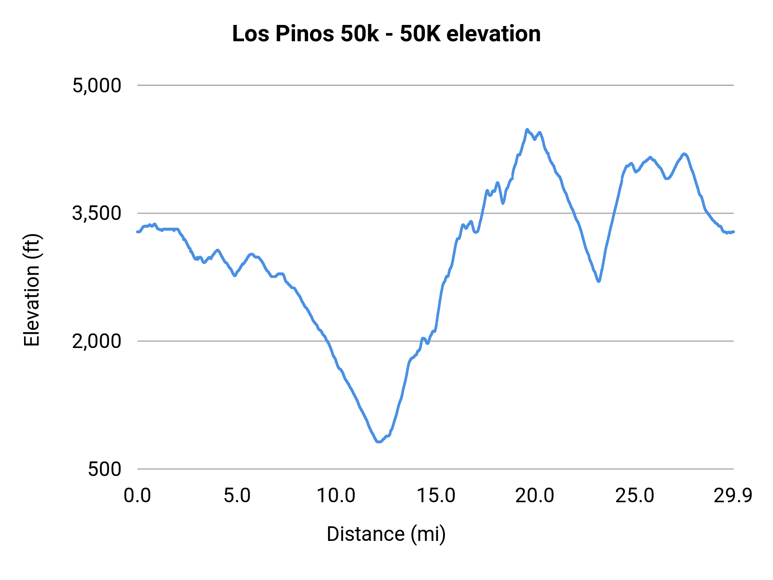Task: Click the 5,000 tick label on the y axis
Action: (x=97, y=85)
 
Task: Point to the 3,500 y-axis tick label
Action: (x=97, y=213)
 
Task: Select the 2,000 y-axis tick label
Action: (x=97, y=341)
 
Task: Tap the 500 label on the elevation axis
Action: (x=105, y=469)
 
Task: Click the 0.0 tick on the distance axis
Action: (x=137, y=496)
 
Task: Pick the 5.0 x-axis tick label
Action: (x=237, y=496)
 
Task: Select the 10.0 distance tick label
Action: (x=336, y=496)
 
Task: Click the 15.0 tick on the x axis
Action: (x=436, y=496)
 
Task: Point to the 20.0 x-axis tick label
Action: (x=535, y=496)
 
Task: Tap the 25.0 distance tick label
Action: (x=635, y=496)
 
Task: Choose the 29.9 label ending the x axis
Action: (x=733, y=496)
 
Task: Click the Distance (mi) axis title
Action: (x=386, y=534)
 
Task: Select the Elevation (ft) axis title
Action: (x=32, y=290)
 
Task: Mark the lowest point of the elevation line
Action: (x=379, y=441)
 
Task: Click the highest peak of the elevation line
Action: (x=527, y=129)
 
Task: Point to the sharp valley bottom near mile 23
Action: (x=599, y=281)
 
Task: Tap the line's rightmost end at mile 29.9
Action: (x=733, y=232)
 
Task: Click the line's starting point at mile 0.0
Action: (x=137, y=232)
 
